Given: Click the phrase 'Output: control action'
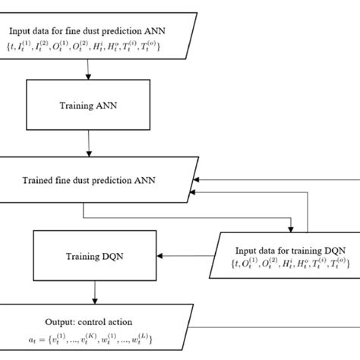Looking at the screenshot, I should pos(93,320).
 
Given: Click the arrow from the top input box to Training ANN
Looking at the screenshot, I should pos(90,70).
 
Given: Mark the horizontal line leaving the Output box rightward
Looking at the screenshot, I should pos(266,328).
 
